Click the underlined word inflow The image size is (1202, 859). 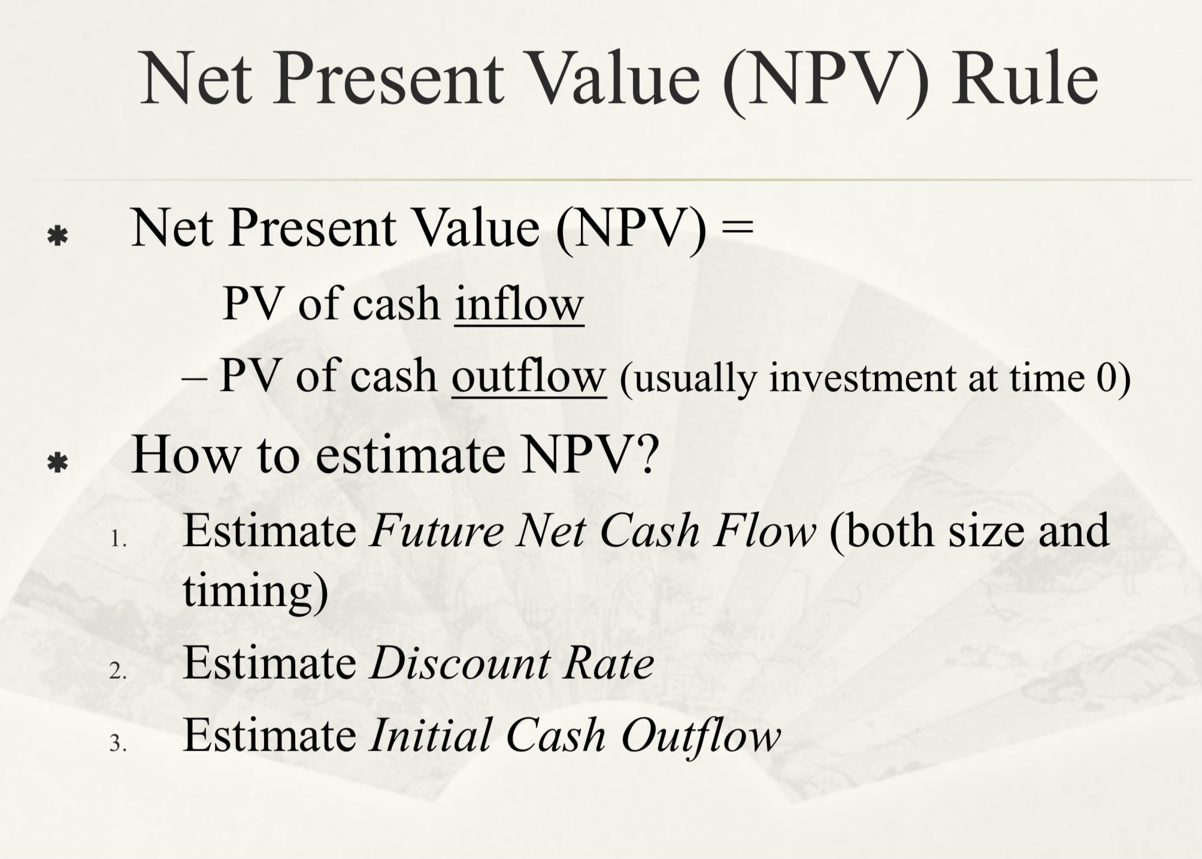519,305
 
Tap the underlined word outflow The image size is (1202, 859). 528,377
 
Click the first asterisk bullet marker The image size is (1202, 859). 57,236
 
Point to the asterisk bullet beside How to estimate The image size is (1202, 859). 57,463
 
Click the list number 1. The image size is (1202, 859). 117,539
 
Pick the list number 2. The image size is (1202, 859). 117,671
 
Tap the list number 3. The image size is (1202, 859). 117,743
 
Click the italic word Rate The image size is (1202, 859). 608,664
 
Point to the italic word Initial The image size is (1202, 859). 431,736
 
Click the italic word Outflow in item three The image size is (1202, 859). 701,736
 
